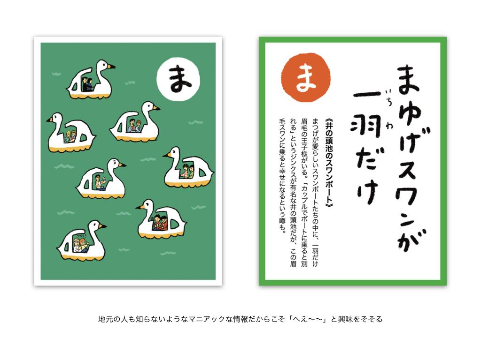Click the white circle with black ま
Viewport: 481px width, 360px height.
point(178,79)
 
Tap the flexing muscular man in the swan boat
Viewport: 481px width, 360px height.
point(99,182)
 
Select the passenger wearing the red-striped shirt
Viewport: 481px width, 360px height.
point(185,172)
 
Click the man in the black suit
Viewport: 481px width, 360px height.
point(85,84)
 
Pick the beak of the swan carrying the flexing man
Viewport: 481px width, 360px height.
point(122,165)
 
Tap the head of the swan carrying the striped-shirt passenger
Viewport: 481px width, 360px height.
point(175,152)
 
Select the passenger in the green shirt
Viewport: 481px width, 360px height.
point(191,172)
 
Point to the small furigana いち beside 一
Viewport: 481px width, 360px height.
point(388,96)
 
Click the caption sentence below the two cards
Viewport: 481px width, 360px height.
point(240,319)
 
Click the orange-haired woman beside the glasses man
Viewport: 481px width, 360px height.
point(84,245)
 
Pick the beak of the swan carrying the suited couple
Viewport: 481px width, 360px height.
point(111,66)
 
